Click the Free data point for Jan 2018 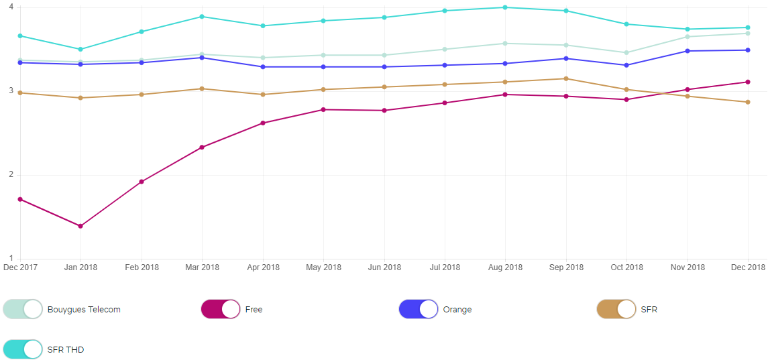tap(80, 226)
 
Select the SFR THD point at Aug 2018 tap(505, 7)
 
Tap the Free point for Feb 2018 tap(142, 182)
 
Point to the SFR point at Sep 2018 tap(566, 78)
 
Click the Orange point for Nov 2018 tap(688, 51)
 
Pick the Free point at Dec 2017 tap(20, 199)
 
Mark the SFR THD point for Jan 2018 tap(80, 49)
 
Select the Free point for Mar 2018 tap(202, 147)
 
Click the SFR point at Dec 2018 tap(748, 102)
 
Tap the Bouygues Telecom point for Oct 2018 tap(626, 52)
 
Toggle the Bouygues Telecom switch tap(23, 309)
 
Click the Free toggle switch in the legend tap(221, 309)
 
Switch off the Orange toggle tap(419, 309)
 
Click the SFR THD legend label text tap(66, 349)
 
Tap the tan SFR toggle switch tap(616, 309)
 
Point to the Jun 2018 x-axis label tap(384, 267)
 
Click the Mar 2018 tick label tap(202, 267)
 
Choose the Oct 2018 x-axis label tap(626, 267)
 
